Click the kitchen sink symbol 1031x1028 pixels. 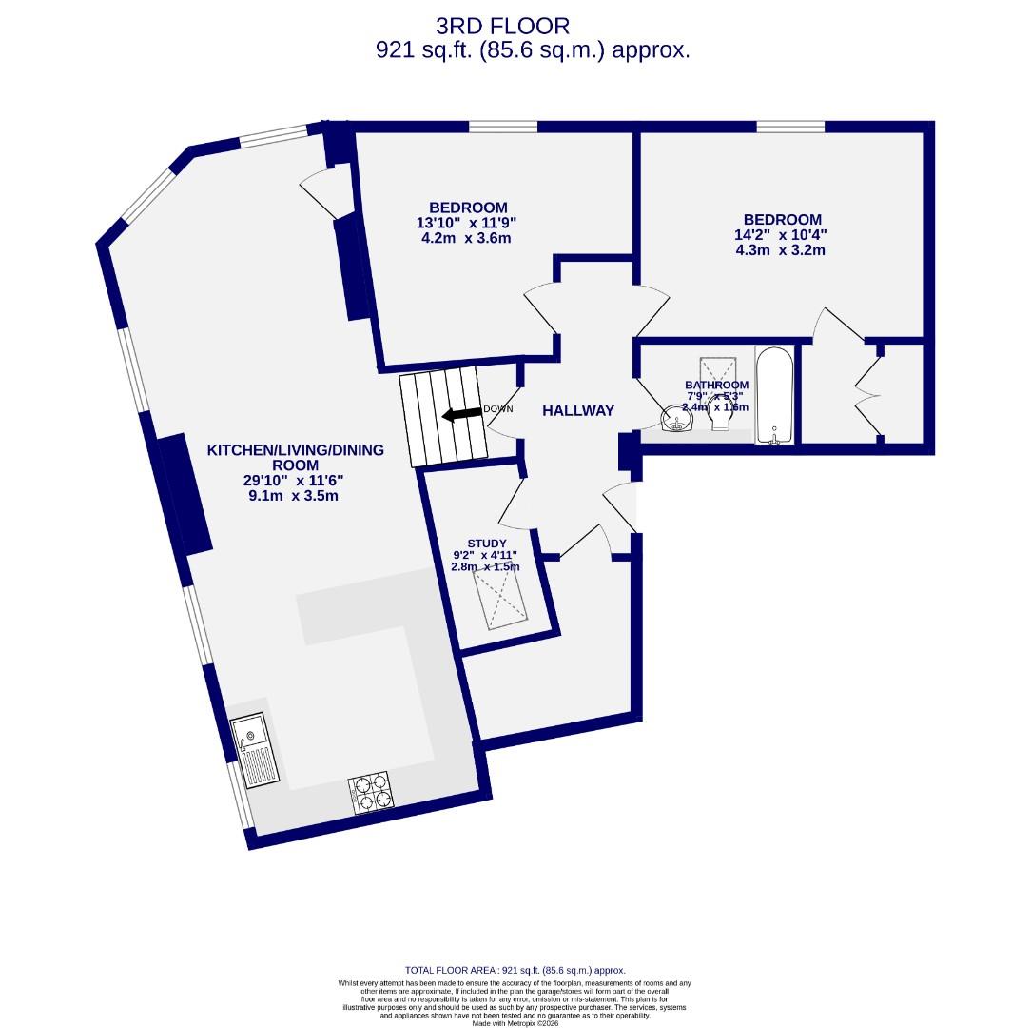pyautogui.click(x=257, y=752)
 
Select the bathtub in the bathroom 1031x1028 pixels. pyautogui.click(x=773, y=395)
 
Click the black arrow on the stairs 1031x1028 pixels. pyautogui.click(x=461, y=413)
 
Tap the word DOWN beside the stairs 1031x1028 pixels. pyautogui.click(x=497, y=409)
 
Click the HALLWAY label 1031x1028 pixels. pyautogui.click(x=578, y=410)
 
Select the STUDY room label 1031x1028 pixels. pyautogui.click(x=486, y=544)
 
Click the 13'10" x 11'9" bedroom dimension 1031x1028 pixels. pyautogui.click(x=466, y=223)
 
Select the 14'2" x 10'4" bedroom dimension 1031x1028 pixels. pyautogui.click(x=779, y=235)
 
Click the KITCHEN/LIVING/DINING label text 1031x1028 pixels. pyautogui.click(x=295, y=449)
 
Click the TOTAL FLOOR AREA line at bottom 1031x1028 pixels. pyautogui.click(x=515, y=970)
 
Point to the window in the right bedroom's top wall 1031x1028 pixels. pyautogui.click(x=790, y=126)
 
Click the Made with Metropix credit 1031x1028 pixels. pyautogui.click(x=515, y=1022)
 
